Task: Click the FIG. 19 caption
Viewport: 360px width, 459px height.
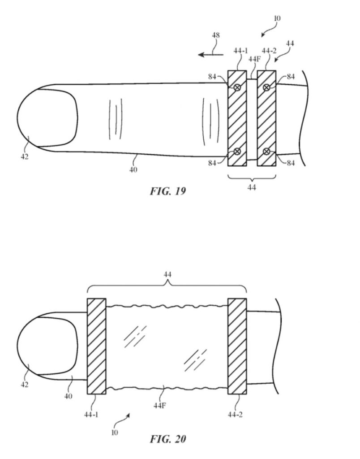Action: (168, 191)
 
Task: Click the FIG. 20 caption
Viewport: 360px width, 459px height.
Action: (168, 439)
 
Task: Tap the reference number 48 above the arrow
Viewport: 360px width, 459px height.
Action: (216, 35)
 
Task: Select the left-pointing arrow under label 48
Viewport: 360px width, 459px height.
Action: (210, 54)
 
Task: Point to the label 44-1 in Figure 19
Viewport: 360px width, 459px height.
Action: (240, 51)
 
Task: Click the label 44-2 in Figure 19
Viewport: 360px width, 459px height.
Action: (269, 51)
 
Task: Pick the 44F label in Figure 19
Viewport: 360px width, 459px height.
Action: (254, 59)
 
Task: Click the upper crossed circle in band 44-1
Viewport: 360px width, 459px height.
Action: (237, 87)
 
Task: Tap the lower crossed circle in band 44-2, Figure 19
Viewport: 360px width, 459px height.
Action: (266, 152)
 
